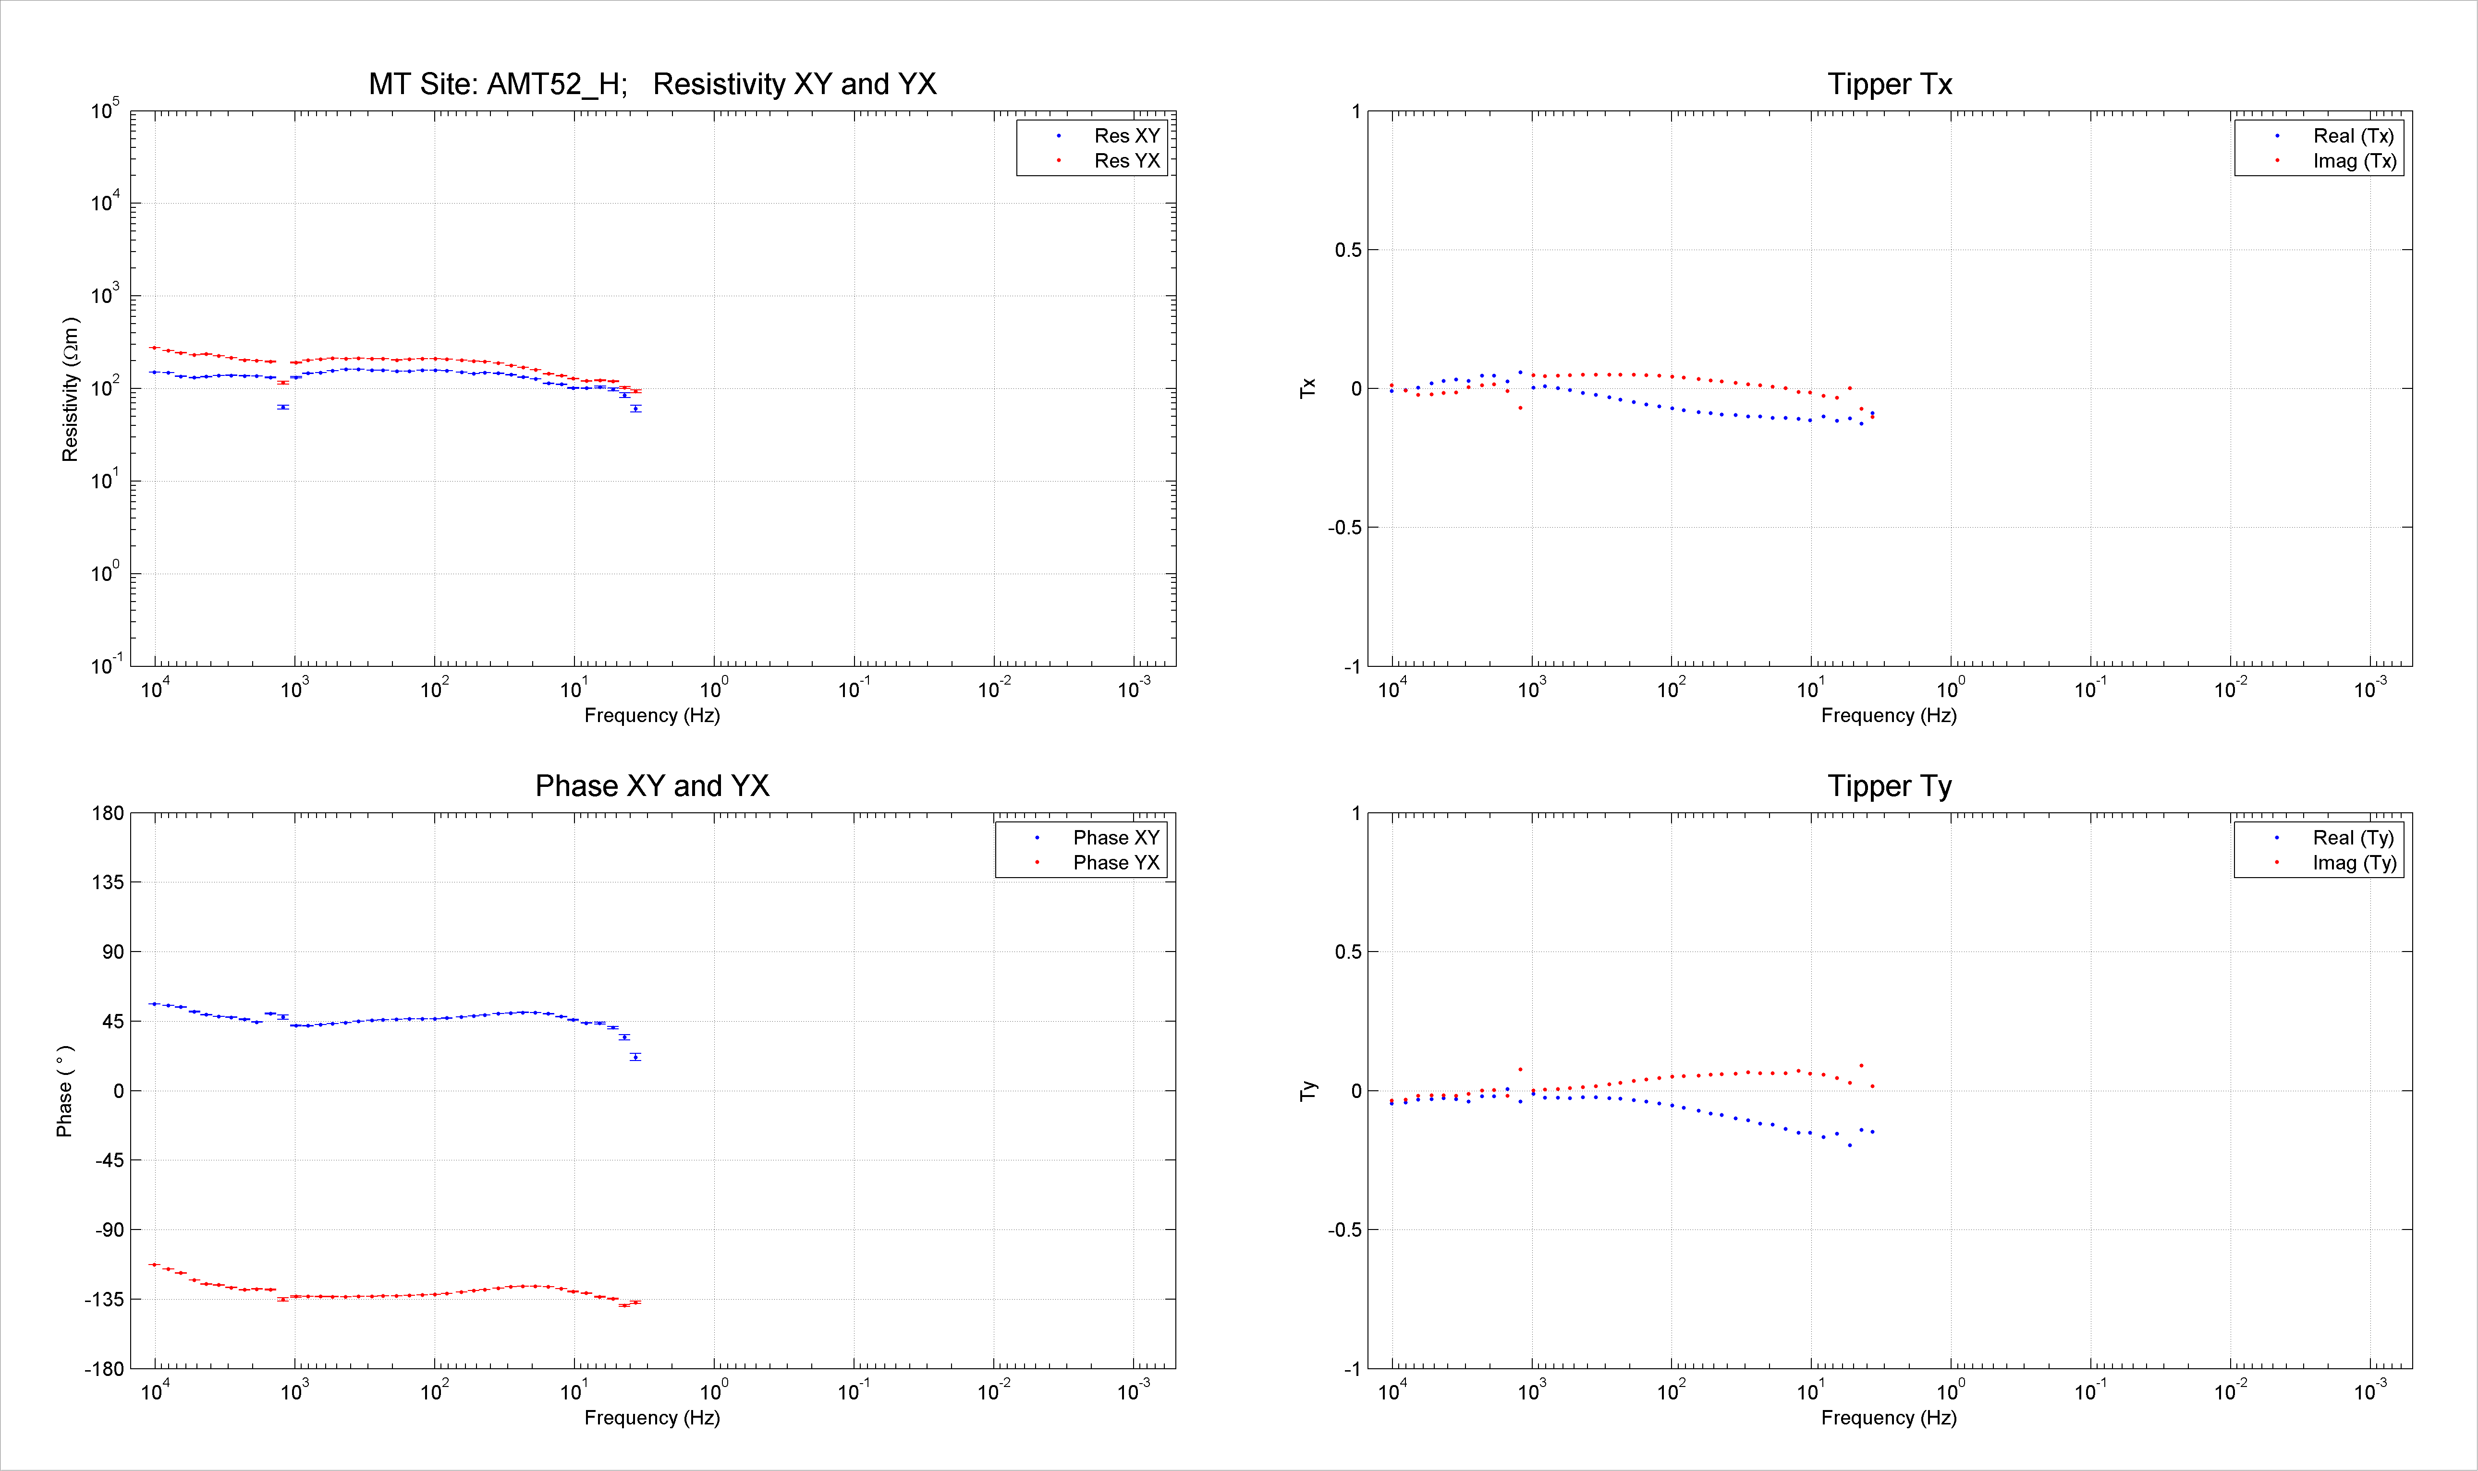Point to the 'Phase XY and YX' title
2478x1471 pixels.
(x=652, y=786)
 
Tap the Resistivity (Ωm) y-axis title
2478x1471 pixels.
(x=70, y=389)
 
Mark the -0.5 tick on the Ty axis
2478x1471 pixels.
(x=1344, y=1230)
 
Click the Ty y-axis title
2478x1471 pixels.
(x=1309, y=1090)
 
